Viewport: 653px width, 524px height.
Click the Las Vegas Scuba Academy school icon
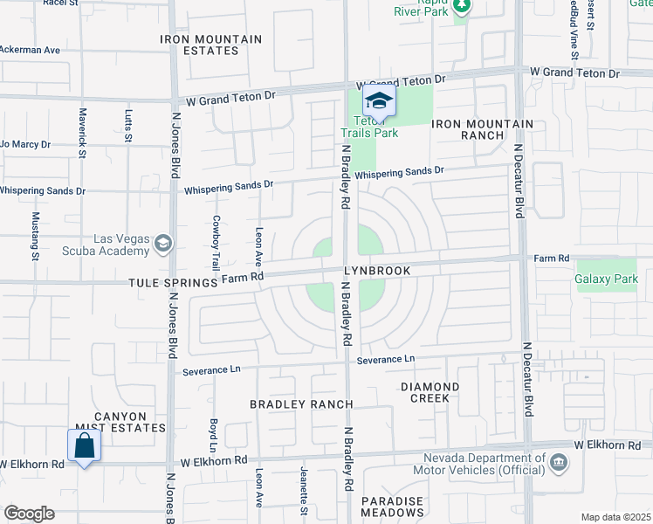pos(162,243)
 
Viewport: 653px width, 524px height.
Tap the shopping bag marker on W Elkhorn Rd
pos(84,445)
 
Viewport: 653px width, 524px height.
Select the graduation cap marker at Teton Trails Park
pos(379,101)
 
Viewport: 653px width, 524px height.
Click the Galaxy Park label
pos(606,279)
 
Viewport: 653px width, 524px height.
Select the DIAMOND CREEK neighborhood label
pos(430,392)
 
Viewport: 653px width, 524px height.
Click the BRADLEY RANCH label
pos(301,404)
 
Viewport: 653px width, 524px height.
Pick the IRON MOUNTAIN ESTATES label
pos(211,45)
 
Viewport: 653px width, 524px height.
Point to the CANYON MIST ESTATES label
pos(122,422)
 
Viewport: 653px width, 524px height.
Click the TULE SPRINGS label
pos(172,283)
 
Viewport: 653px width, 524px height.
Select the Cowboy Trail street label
pos(215,242)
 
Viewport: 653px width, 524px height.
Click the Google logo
pos(29,513)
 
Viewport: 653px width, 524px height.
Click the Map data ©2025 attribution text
pos(615,517)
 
